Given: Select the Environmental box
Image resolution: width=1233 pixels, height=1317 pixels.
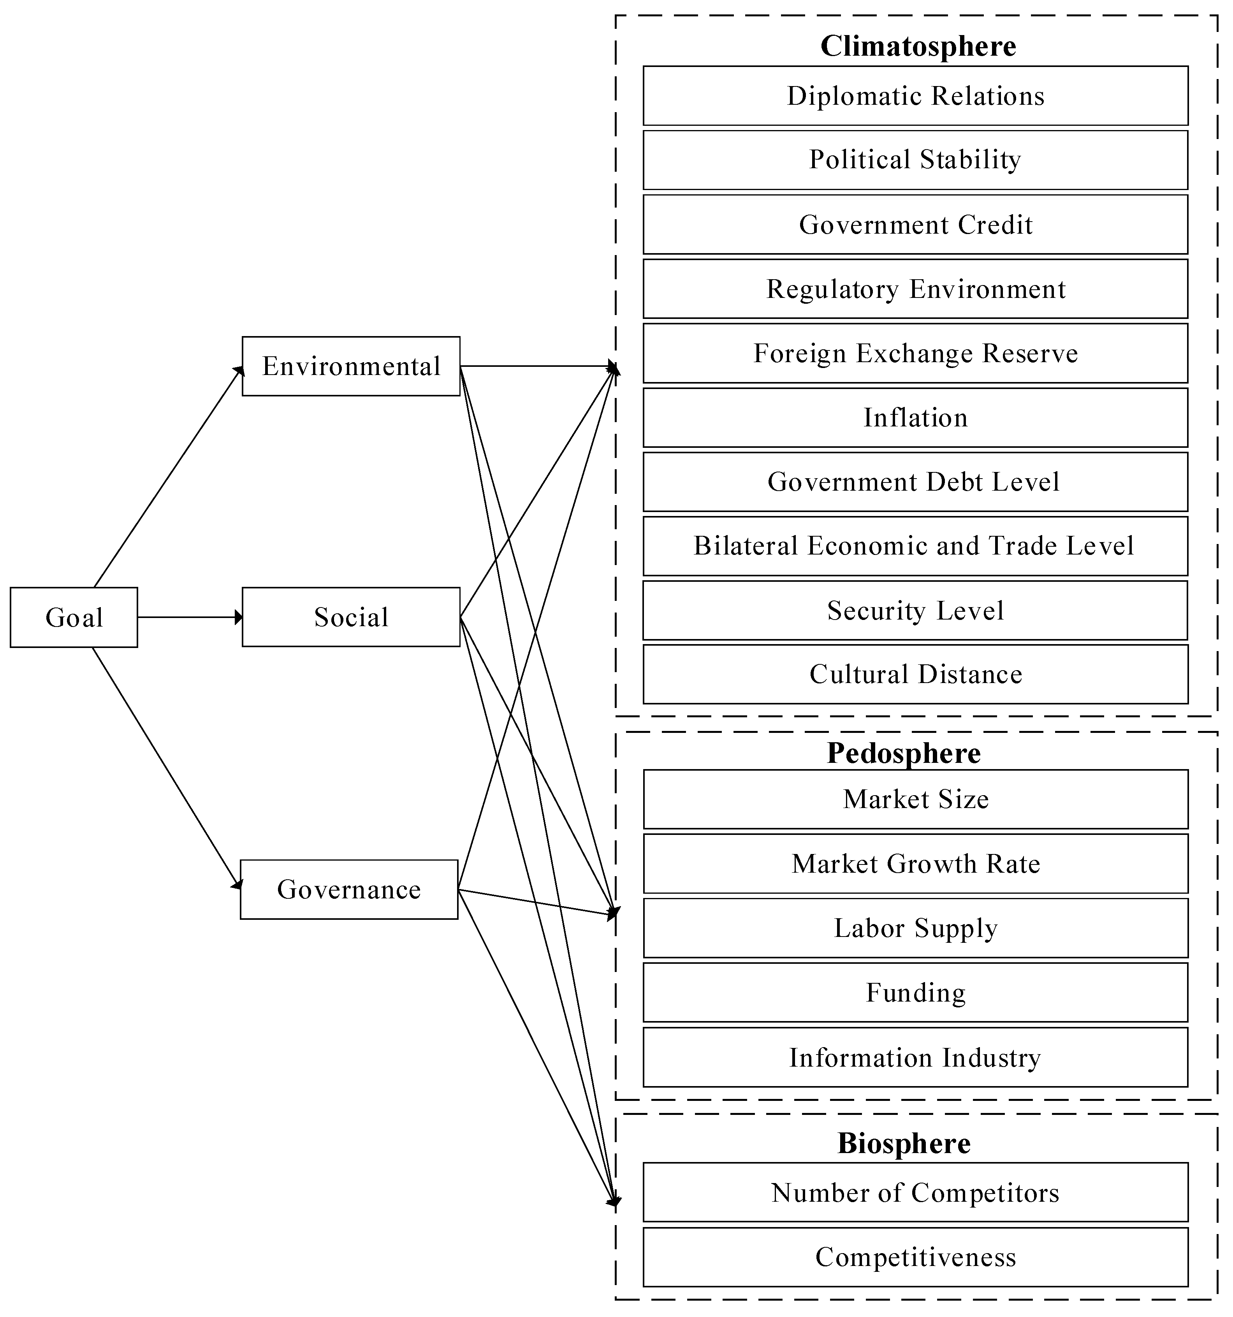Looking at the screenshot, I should [x=350, y=366].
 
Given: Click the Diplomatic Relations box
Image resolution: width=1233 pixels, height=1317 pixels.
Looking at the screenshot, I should [x=915, y=96].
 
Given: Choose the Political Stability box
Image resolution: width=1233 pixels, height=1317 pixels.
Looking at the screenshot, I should [x=915, y=160].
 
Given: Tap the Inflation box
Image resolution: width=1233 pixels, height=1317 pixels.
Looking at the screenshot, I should [x=915, y=417].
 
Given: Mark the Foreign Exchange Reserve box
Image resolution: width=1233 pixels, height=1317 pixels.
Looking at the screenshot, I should [x=915, y=353].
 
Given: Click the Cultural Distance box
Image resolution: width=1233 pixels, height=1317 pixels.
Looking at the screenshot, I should [x=915, y=674].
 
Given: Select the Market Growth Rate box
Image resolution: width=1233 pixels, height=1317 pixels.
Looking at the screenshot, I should [x=915, y=863].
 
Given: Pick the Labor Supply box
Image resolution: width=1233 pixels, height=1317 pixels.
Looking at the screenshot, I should [x=915, y=928].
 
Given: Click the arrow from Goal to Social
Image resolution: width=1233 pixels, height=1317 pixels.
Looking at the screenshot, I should [x=189, y=618].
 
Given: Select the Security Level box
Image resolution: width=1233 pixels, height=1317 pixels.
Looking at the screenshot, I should [x=915, y=610].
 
